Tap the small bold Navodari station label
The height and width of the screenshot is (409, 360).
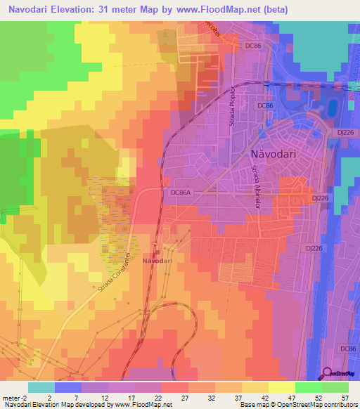157,261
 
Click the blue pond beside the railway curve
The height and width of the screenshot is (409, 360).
331,108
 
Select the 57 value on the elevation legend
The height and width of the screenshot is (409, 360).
345,398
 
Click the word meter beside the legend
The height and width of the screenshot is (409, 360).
11,398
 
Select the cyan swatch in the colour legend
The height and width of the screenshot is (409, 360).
41,387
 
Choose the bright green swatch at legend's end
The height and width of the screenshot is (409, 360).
335,387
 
